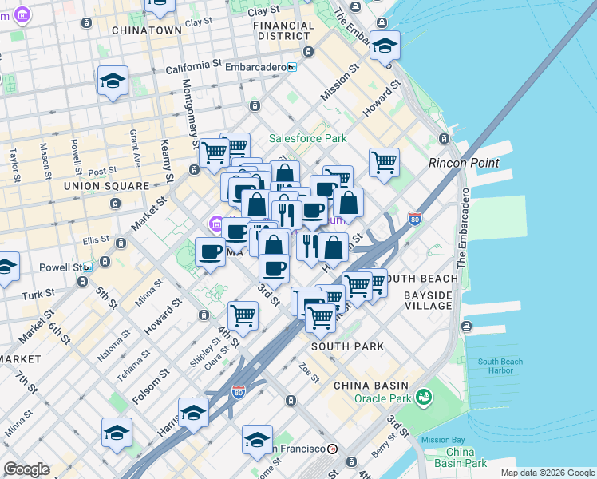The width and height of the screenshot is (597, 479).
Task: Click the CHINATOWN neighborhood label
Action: click(x=147, y=30)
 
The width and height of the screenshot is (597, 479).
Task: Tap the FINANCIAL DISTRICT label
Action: click(x=283, y=30)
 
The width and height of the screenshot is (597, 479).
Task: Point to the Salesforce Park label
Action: click(x=307, y=138)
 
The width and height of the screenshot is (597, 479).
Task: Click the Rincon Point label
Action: click(x=464, y=163)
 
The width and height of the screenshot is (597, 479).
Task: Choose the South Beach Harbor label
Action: click(x=500, y=366)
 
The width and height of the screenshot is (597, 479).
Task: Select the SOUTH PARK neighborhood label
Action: click(x=347, y=346)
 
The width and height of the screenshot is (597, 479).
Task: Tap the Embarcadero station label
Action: click(x=255, y=68)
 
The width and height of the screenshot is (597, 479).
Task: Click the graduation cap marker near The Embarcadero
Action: click(x=385, y=46)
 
